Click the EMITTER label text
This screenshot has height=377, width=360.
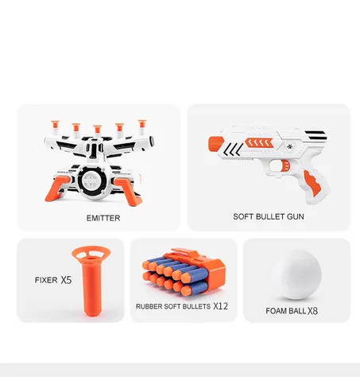103,218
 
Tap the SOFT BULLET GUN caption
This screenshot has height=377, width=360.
269,216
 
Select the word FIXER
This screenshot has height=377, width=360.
45,280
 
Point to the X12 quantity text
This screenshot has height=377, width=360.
221,306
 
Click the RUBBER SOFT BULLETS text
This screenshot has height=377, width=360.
173,306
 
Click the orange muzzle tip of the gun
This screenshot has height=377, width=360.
214,143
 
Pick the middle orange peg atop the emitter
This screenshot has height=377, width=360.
97,129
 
